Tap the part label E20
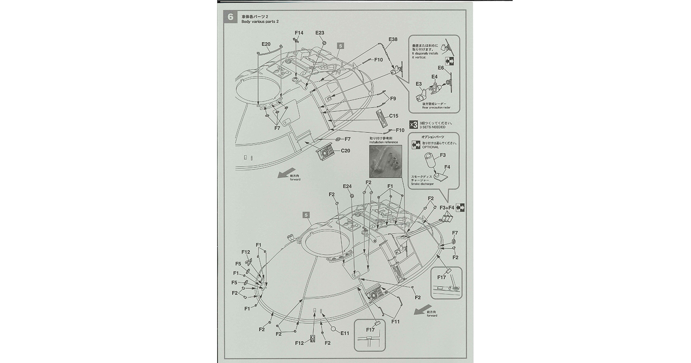[266, 44]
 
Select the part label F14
[299, 33]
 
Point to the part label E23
[319, 33]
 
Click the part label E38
[393, 39]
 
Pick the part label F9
[393, 99]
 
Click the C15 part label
[393, 116]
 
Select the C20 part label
[345, 151]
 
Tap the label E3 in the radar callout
[419, 84]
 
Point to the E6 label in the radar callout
[441, 67]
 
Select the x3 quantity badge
[413, 125]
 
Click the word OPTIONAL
[430, 147]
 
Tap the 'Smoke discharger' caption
[422, 184]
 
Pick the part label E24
[347, 186]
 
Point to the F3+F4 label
[447, 208]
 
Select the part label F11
[395, 322]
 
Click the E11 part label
[345, 333]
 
